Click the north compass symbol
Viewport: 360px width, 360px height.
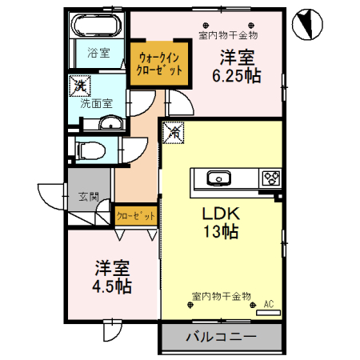(305, 24)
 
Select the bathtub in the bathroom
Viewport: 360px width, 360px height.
(97, 28)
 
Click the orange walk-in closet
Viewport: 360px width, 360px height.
(160, 63)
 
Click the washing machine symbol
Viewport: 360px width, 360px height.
(80, 83)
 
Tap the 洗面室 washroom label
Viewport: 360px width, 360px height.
(96, 102)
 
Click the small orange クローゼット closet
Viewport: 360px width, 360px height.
(135, 216)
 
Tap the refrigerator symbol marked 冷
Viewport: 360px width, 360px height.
(174, 130)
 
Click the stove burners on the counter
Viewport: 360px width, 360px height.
(270, 178)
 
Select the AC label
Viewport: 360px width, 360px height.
(269, 303)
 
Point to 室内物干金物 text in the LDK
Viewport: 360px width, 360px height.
(222, 297)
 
